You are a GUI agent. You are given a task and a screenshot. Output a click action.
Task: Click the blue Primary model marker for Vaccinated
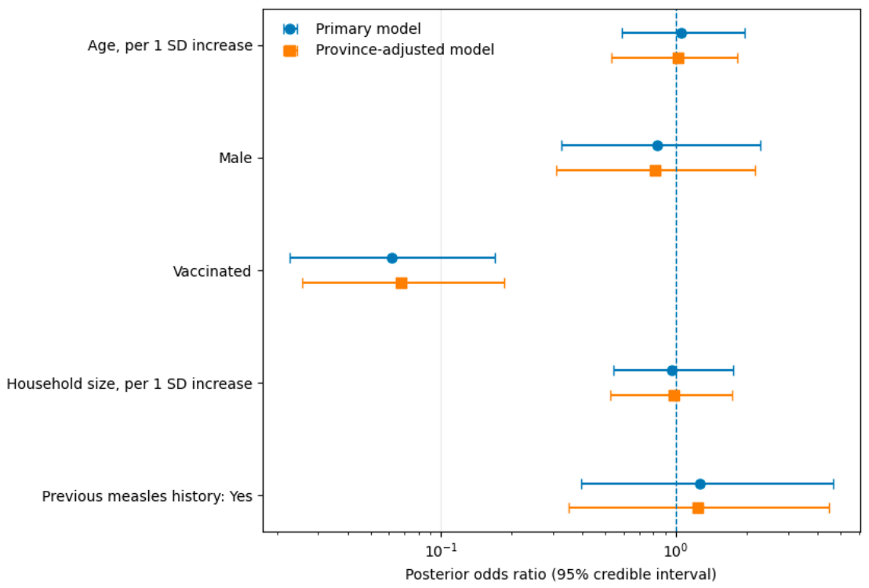(x=392, y=258)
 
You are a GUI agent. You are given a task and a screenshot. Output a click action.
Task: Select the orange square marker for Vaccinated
(x=402, y=283)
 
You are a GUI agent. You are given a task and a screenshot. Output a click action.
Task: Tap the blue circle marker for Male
(x=657, y=146)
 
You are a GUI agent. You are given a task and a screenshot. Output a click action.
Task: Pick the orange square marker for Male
(x=655, y=171)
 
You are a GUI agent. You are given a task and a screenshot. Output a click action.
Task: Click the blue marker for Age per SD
(x=681, y=33)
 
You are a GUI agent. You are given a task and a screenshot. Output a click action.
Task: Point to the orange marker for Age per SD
(x=678, y=58)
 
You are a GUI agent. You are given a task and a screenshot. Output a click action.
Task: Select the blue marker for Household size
(x=671, y=371)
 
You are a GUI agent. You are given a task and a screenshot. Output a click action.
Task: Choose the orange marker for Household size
(x=674, y=396)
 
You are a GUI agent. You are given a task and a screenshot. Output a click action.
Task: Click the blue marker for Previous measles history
(x=700, y=484)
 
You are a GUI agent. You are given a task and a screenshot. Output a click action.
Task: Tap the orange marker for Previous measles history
(x=698, y=508)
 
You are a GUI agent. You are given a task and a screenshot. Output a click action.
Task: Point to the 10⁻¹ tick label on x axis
(x=441, y=550)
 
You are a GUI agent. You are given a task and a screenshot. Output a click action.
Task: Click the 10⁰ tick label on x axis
(x=675, y=550)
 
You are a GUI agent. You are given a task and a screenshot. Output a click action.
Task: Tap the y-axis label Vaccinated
(x=212, y=271)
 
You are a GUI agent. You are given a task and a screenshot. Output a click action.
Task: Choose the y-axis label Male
(x=235, y=158)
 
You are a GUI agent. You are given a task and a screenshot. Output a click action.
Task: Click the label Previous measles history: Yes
(x=147, y=496)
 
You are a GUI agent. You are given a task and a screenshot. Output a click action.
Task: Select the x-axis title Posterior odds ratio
(x=560, y=574)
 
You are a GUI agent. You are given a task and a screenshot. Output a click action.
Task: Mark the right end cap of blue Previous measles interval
(x=834, y=484)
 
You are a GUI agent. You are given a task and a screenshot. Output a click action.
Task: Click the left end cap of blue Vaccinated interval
(x=290, y=258)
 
